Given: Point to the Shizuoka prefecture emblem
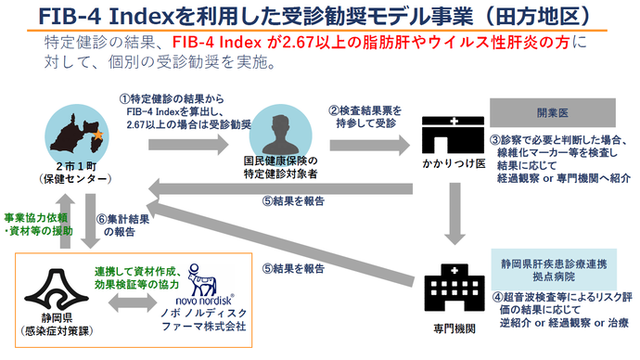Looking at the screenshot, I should coord(46,288).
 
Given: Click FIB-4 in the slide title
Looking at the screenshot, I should coord(66,16).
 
